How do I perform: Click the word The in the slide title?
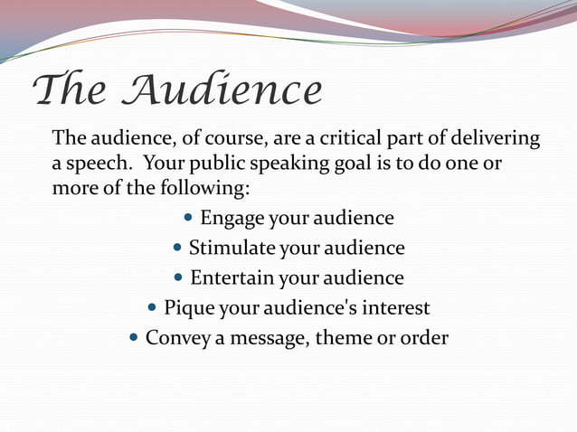tap(68, 91)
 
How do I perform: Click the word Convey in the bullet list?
tap(176, 337)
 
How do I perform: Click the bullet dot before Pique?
tap(152, 308)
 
